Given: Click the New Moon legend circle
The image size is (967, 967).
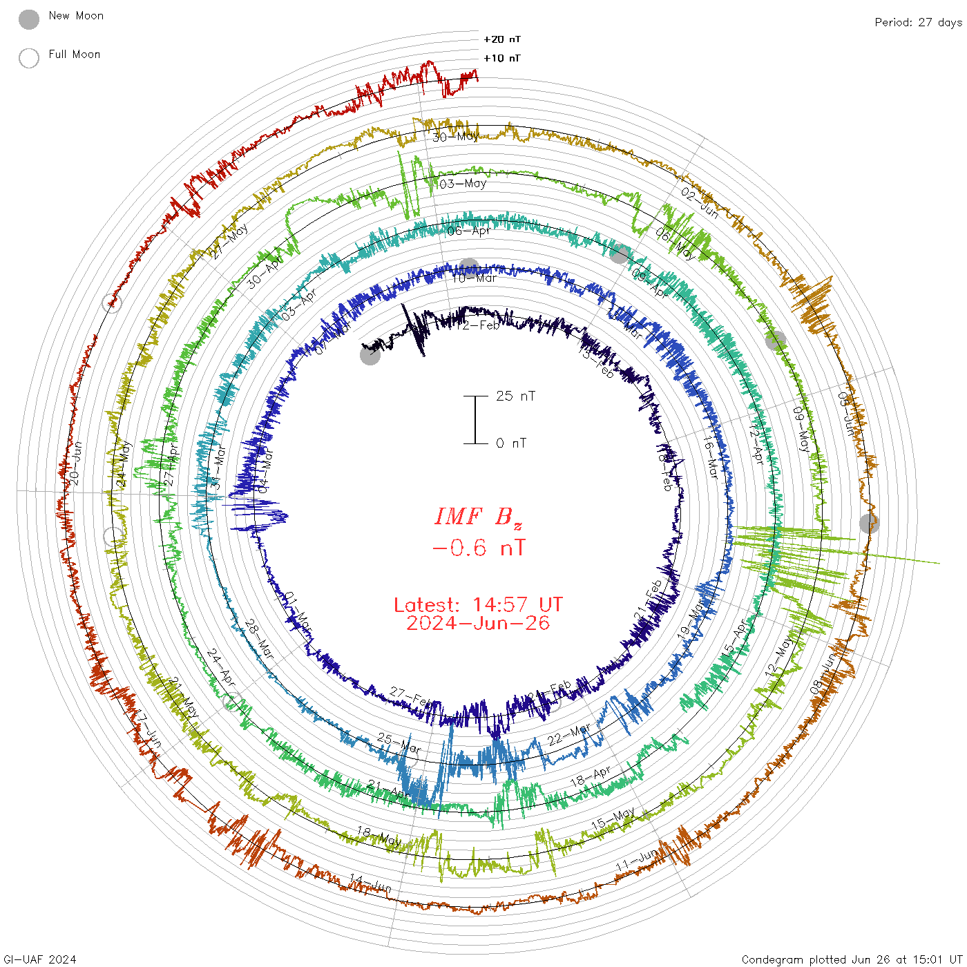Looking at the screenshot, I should click(29, 19).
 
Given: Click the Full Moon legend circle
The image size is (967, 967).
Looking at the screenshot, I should click(29, 58).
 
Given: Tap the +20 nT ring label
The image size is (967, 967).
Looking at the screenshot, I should click(502, 39).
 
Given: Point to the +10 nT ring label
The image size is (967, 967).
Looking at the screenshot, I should click(502, 58).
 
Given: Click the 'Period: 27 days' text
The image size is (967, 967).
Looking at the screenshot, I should click(918, 22).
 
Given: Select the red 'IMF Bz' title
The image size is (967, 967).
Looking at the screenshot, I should click(478, 517).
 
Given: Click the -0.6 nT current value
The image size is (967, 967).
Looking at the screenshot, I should click(478, 548).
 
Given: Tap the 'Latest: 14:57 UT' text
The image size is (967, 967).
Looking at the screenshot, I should click(478, 605).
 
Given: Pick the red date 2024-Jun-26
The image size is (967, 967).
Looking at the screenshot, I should click(478, 623).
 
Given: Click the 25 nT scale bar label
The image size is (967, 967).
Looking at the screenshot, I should click(515, 396).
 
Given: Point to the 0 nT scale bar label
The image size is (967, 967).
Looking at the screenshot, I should click(511, 443).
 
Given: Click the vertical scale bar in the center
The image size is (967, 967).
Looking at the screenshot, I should click(475, 420).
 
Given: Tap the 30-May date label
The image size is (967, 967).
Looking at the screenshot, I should click(456, 137).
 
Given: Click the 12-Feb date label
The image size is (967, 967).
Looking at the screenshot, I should click(477, 325).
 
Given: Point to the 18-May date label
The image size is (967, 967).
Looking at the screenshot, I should click(379, 836).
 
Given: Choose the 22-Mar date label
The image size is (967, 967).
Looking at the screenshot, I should click(569, 734).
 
